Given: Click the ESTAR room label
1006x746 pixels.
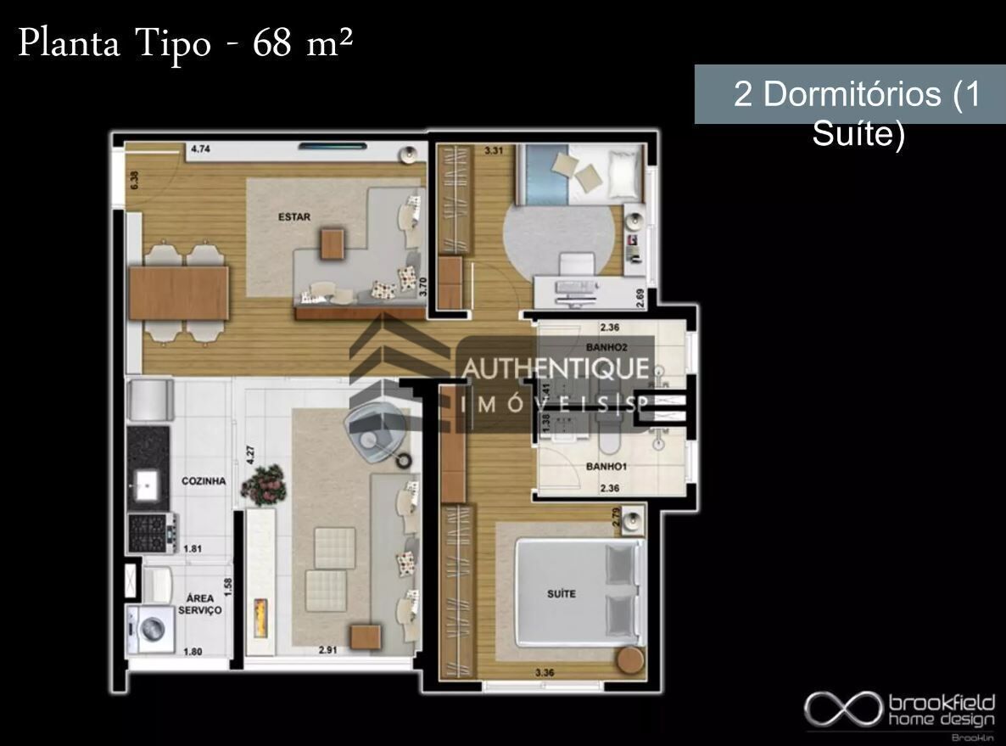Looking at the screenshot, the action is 294,216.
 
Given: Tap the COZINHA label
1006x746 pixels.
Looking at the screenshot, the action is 204,480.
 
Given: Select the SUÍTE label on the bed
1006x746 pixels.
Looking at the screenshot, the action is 561,593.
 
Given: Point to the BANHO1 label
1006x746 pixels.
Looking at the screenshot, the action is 606,466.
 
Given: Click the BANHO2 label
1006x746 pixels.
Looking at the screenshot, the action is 606,347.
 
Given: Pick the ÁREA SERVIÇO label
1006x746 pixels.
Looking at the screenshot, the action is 200,604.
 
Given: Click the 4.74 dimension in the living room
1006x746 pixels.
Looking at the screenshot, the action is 200,149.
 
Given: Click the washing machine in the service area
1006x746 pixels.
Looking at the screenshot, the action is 150,629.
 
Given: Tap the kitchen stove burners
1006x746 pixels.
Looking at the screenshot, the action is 148,532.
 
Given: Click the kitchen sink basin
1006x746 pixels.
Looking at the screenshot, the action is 146,487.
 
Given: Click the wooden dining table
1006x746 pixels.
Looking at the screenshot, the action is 178,294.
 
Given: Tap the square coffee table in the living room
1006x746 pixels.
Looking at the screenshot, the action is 333,243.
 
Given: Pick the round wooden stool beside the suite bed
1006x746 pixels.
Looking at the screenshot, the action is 630,660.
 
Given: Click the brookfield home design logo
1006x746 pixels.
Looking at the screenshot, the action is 900,710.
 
